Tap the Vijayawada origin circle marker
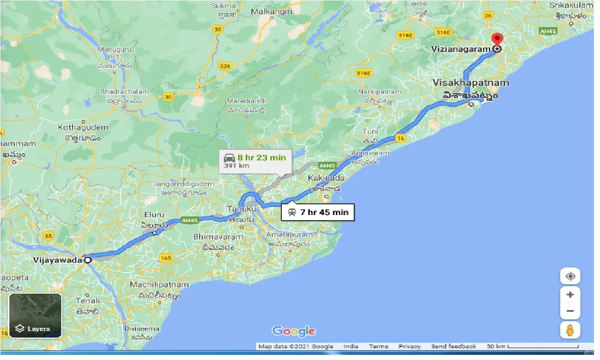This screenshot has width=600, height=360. click(x=87, y=260)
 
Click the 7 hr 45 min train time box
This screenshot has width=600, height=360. click(x=318, y=212)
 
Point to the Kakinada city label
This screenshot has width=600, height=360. click(x=326, y=178)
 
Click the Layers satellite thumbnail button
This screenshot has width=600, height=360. click(x=35, y=316)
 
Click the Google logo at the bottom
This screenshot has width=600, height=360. click(x=293, y=331)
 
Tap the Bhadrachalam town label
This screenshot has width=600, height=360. click(x=124, y=92)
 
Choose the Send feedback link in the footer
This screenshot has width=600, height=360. click(x=454, y=346)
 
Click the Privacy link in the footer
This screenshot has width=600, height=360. click(x=409, y=346)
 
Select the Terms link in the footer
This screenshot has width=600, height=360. click(x=378, y=346)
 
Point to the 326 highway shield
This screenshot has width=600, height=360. click(x=225, y=66)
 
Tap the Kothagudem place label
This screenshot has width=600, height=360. click(x=83, y=127)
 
